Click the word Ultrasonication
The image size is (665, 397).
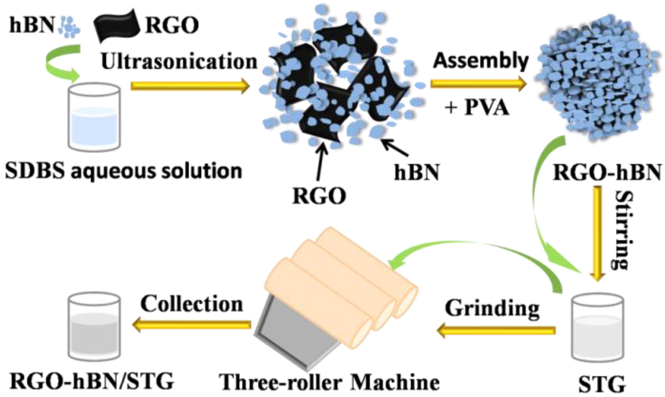[179, 61]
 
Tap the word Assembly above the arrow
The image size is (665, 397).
[481, 61]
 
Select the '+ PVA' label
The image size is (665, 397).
[477, 108]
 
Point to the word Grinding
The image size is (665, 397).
[492, 308]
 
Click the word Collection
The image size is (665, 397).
[191, 304]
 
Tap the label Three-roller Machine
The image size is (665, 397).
[329, 382]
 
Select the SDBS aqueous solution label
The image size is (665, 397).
[123, 171]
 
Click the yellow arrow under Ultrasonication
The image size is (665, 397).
[190, 86]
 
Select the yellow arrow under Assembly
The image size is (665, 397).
[478, 84]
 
